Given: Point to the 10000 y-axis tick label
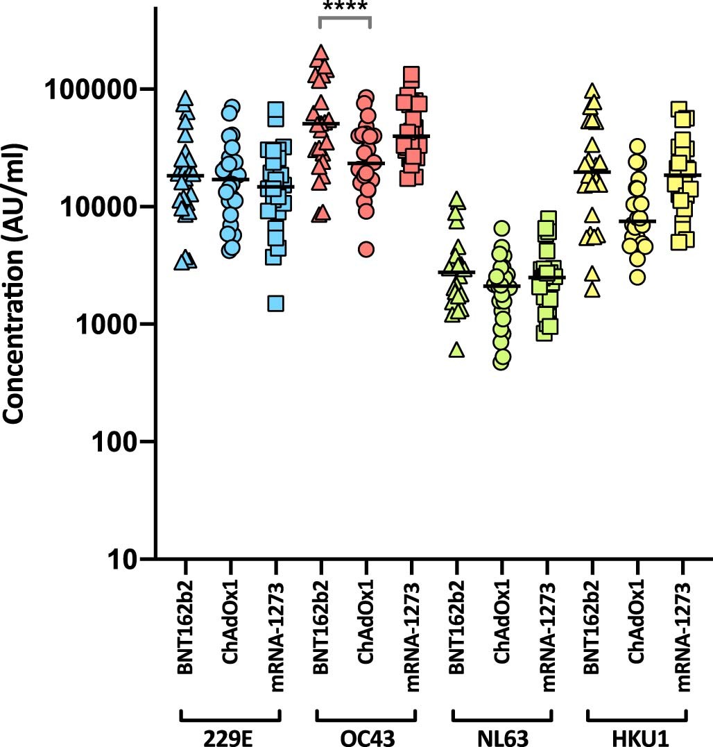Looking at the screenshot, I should [x=98, y=207].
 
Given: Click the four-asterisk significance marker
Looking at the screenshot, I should [x=344, y=8].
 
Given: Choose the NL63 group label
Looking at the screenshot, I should [x=501, y=737].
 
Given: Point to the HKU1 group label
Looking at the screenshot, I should [x=637, y=737].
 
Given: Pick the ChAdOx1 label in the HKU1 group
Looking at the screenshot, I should [x=637, y=635].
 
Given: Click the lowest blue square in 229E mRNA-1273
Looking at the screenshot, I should [x=275, y=303].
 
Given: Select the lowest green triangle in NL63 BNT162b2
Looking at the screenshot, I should [x=456, y=350].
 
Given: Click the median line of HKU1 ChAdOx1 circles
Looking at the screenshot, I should [x=637, y=221].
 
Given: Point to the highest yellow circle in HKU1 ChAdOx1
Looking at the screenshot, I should [x=637, y=146].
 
